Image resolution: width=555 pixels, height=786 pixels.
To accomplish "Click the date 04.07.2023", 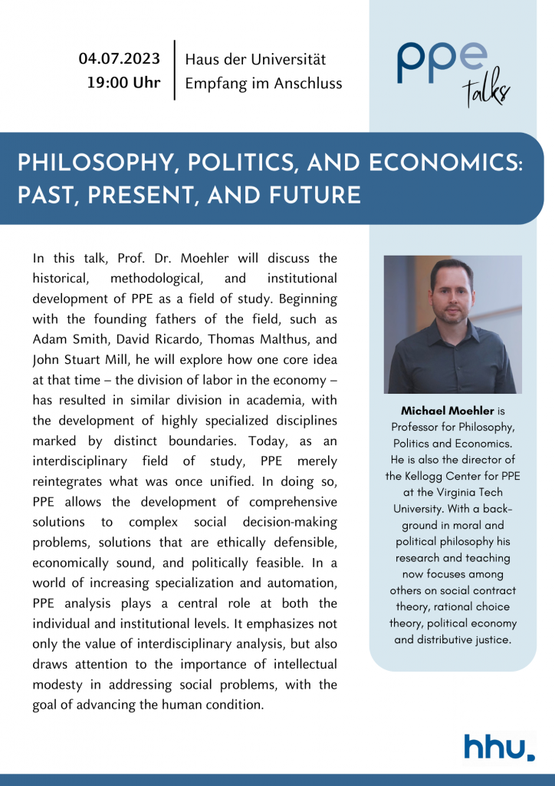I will click(120, 59).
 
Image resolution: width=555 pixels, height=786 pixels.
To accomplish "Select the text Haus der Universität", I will click(256, 59).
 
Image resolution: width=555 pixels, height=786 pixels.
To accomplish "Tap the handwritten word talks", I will click(485, 91).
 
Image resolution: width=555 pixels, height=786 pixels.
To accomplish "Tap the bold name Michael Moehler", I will click(436, 411).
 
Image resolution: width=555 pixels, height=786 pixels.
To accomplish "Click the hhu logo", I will click(499, 746).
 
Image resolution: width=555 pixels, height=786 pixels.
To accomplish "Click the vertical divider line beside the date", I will click(175, 70).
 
